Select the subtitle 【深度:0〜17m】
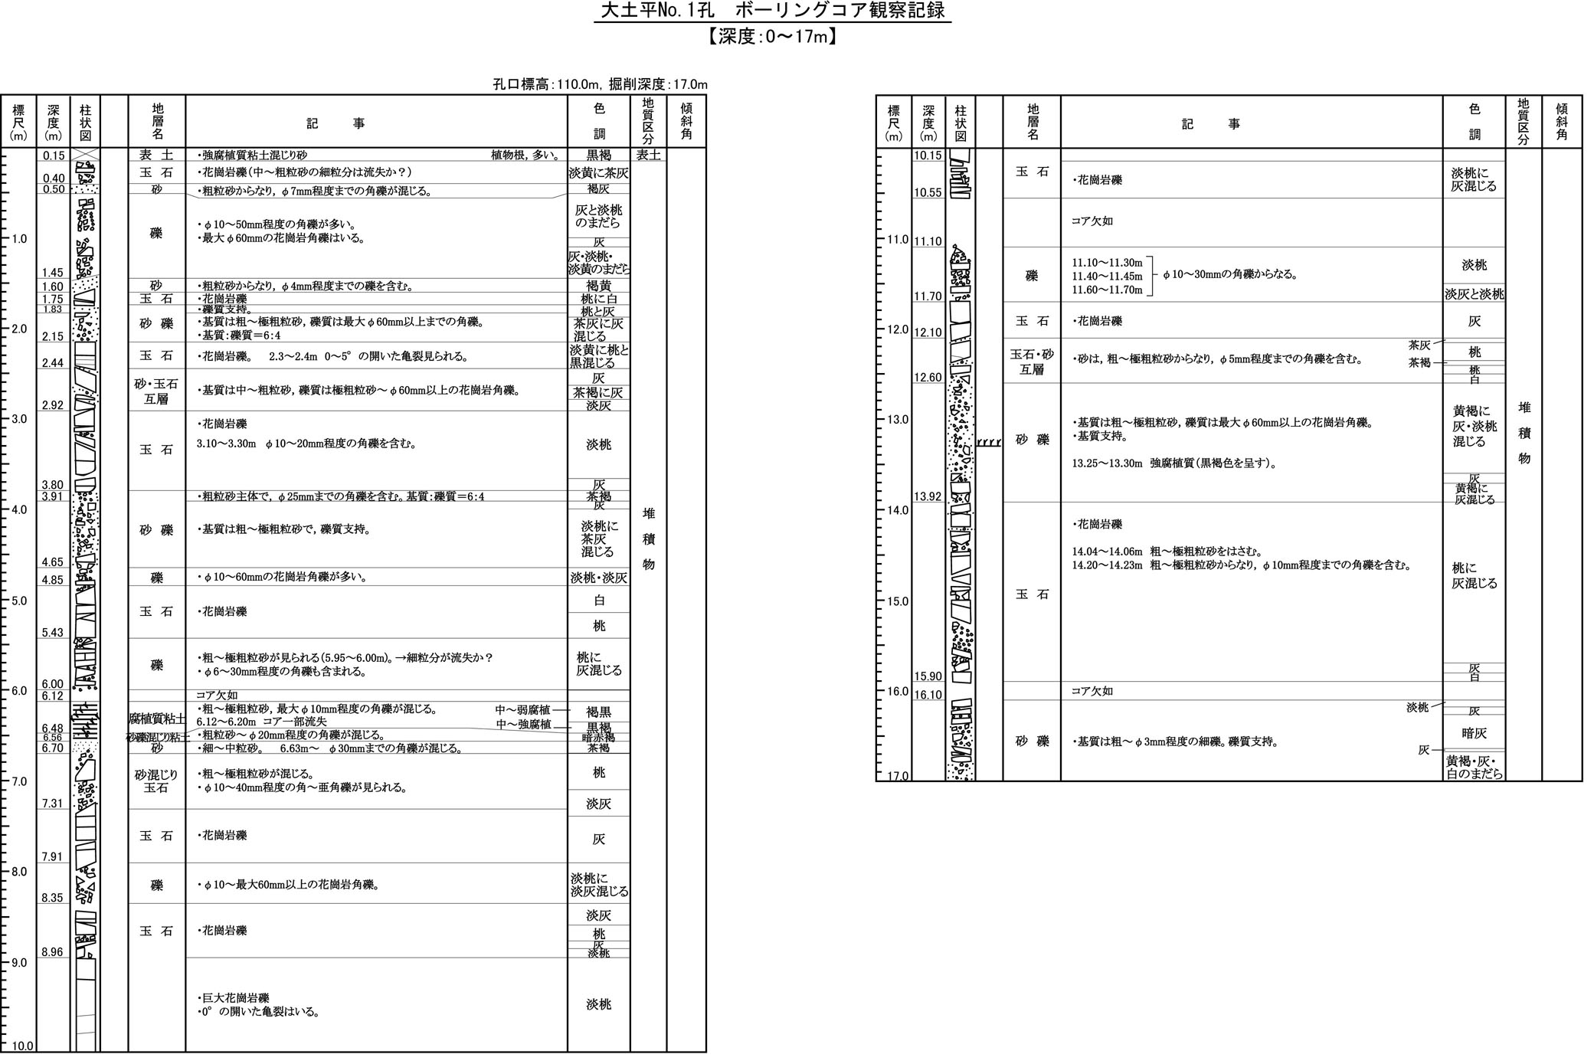[x=772, y=36]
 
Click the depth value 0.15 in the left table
[x=54, y=156]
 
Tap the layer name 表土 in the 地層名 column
[x=156, y=155]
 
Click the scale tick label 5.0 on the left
[x=18, y=601]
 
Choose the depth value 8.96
[x=53, y=952]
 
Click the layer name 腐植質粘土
[x=156, y=719]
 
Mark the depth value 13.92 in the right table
[x=928, y=496]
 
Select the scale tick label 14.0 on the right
[x=895, y=510]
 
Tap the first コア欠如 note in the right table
[x=1092, y=221]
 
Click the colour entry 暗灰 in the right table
[x=1474, y=733]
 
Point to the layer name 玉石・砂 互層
[x=1032, y=362]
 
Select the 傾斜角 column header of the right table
[x=1562, y=123]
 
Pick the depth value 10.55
[x=928, y=193]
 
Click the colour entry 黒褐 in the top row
[x=598, y=155]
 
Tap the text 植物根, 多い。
[x=525, y=155]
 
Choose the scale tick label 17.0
[x=895, y=776]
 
